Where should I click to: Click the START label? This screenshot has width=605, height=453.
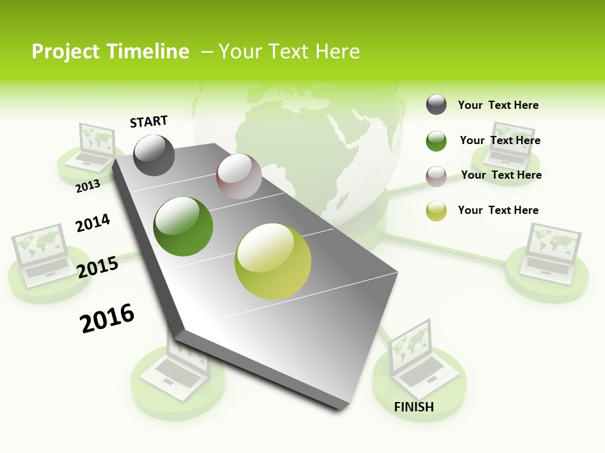(149, 121)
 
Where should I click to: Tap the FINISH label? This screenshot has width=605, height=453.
(414, 407)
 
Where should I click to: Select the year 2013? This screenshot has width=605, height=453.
(88, 186)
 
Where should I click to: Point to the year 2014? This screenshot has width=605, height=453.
(93, 223)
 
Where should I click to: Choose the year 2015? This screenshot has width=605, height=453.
(98, 267)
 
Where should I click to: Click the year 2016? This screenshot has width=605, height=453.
(107, 318)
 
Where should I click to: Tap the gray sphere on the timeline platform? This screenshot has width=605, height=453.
(154, 155)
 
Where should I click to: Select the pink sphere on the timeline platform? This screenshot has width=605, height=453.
(239, 176)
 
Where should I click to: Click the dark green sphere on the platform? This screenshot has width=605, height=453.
(183, 226)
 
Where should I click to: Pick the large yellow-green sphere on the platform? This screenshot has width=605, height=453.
(273, 261)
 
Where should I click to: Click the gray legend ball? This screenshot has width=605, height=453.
(436, 105)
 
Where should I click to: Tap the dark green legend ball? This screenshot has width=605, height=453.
(436, 141)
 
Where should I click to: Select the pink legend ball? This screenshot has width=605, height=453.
(436, 176)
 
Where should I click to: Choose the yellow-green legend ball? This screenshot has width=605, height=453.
(436, 211)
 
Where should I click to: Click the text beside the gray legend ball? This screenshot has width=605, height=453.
(498, 105)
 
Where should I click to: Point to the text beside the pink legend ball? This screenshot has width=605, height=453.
(501, 175)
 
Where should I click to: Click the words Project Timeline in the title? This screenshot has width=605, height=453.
(110, 52)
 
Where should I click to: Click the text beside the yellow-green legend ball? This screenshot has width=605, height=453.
(498, 210)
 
